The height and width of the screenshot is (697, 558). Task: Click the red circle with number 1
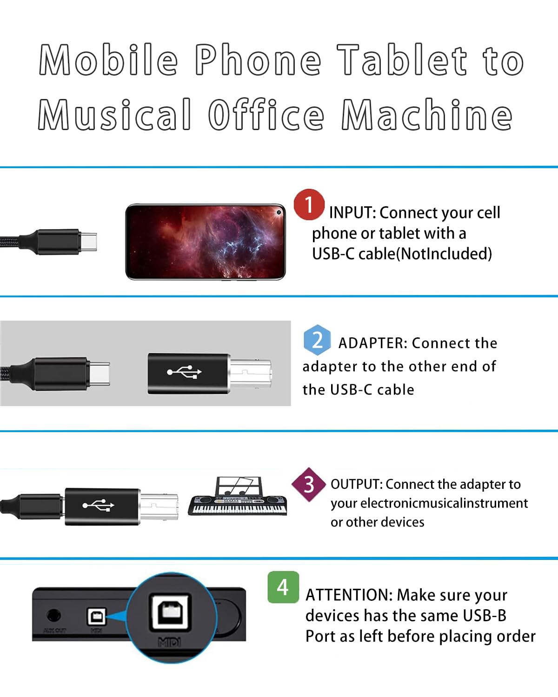309,204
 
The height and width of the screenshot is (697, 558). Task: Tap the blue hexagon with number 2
317,340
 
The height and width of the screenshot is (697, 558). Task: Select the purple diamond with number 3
309,485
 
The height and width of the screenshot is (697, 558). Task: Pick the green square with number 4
283,587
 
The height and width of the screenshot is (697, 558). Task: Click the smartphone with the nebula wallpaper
206,242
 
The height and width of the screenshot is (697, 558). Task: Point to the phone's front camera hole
279,212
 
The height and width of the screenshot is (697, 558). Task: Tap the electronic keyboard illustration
237,496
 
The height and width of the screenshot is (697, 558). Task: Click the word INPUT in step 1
352,213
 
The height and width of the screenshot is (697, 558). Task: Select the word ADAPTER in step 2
372,343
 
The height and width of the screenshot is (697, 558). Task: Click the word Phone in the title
258,59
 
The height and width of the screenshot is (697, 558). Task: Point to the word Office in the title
266,115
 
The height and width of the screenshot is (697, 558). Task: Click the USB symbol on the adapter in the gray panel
184,372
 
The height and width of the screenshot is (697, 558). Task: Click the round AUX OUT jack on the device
54,615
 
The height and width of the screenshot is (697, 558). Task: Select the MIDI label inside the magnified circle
169,642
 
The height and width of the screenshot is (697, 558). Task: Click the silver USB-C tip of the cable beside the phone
88,242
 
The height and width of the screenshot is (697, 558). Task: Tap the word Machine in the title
427,115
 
